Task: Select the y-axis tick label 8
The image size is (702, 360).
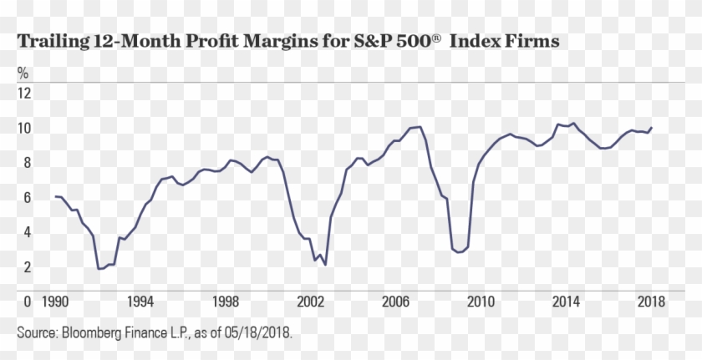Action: (27, 163)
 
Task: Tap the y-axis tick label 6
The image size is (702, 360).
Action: (27, 197)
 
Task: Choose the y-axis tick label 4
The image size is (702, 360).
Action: (27, 232)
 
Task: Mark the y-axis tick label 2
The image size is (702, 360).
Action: (27, 267)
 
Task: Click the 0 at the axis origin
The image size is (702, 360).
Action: (27, 301)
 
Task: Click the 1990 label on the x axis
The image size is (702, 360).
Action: (55, 301)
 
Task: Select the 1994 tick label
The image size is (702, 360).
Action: (140, 301)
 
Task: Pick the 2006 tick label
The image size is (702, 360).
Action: (396, 301)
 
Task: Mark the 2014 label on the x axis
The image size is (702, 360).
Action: (566, 301)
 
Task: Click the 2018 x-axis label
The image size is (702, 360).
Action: (649, 301)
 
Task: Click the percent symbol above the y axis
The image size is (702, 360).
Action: (23, 73)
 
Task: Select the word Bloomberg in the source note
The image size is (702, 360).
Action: (94, 332)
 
